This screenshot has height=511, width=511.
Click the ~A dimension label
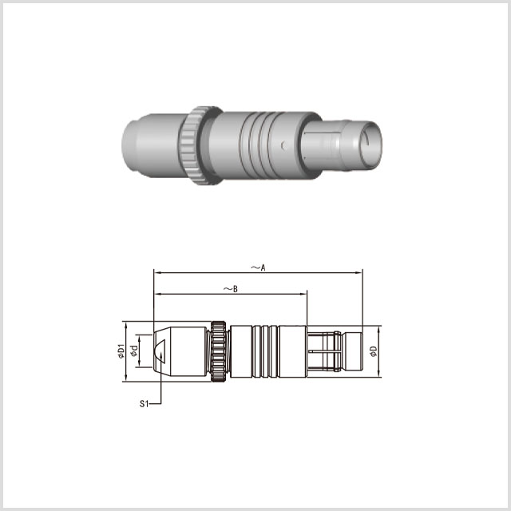[258, 267]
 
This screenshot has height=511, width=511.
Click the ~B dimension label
[231, 289]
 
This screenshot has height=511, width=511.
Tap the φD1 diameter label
[121, 351]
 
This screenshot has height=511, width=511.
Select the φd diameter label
[134, 351]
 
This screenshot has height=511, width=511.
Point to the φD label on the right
[374, 351]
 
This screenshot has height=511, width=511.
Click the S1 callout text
[144, 404]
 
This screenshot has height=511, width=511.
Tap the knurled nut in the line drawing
[218, 351]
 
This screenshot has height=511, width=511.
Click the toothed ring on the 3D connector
[200, 145]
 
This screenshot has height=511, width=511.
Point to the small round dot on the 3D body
[283, 145]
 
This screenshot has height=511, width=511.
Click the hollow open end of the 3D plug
[372, 145]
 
